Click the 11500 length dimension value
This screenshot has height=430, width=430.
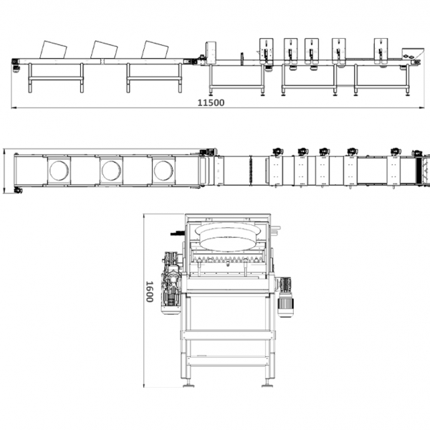click(211, 102)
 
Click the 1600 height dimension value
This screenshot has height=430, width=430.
click(149, 292)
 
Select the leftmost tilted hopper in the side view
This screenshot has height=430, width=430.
click(53, 50)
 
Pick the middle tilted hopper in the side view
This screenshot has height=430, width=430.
click(104, 49)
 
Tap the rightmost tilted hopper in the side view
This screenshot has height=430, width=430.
click(155, 49)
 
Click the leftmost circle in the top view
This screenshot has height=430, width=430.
click(59, 171)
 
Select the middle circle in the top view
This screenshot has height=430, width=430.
click(111, 171)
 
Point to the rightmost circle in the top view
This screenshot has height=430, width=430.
click(163, 171)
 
